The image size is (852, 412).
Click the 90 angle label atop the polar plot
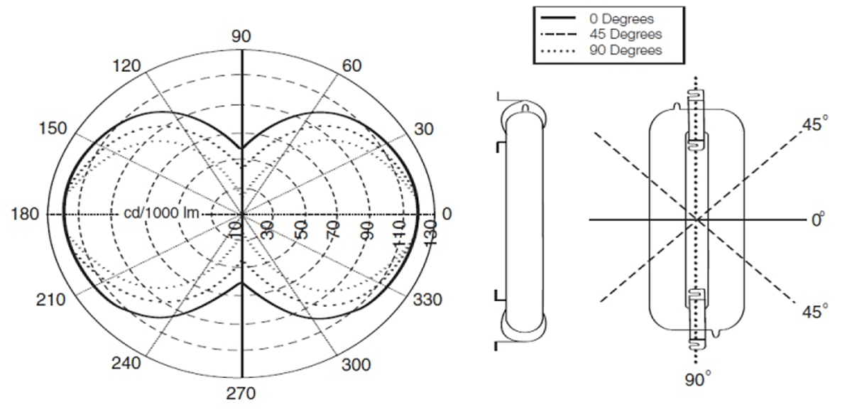coord(241,36)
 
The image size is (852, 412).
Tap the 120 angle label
coord(126,66)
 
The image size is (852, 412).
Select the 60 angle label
coord(352,66)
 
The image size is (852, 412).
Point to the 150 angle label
coord(53,129)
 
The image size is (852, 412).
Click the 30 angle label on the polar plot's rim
coord(424,129)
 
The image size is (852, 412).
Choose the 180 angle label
coord(25,215)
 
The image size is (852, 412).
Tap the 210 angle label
coord(50,300)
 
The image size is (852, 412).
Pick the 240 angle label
coord(126,363)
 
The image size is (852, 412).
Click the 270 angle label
coord(241,394)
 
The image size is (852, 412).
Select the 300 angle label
coord(356,365)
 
